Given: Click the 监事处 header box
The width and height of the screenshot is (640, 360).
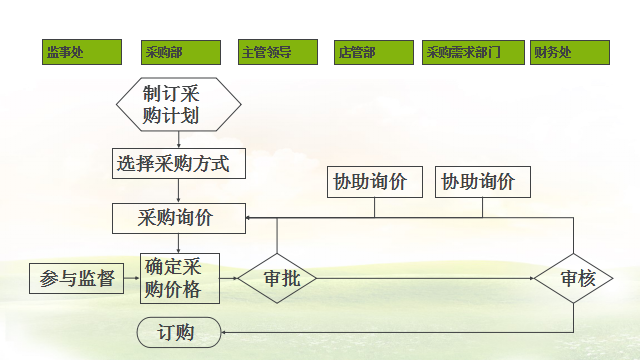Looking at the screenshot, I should click(83, 53).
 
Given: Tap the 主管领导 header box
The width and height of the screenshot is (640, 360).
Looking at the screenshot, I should click(278, 53).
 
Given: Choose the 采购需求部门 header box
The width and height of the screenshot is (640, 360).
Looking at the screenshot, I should click(471, 53).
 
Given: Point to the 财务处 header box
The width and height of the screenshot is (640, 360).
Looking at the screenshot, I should click(570, 53).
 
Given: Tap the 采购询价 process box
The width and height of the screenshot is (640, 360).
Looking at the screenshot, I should click(179, 217).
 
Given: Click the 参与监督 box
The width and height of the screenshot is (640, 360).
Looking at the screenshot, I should click(77, 279).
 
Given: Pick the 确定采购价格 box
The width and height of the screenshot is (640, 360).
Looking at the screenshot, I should click(179, 279).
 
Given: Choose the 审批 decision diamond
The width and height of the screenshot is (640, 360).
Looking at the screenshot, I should click(276, 279).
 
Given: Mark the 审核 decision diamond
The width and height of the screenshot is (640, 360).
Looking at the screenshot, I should click(573, 279).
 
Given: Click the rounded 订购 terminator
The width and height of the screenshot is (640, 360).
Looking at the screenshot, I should click(179, 332).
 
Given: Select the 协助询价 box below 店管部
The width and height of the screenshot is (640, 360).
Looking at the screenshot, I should click(375, 182).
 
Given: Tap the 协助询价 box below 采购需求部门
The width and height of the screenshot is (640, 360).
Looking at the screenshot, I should click(484, 182).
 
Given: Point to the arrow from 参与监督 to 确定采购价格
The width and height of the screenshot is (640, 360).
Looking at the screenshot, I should click(131, 279).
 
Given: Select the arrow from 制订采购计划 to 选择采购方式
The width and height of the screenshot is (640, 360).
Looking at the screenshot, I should click(179, 140).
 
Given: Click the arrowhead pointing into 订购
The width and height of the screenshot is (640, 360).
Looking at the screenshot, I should click(226, 332).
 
